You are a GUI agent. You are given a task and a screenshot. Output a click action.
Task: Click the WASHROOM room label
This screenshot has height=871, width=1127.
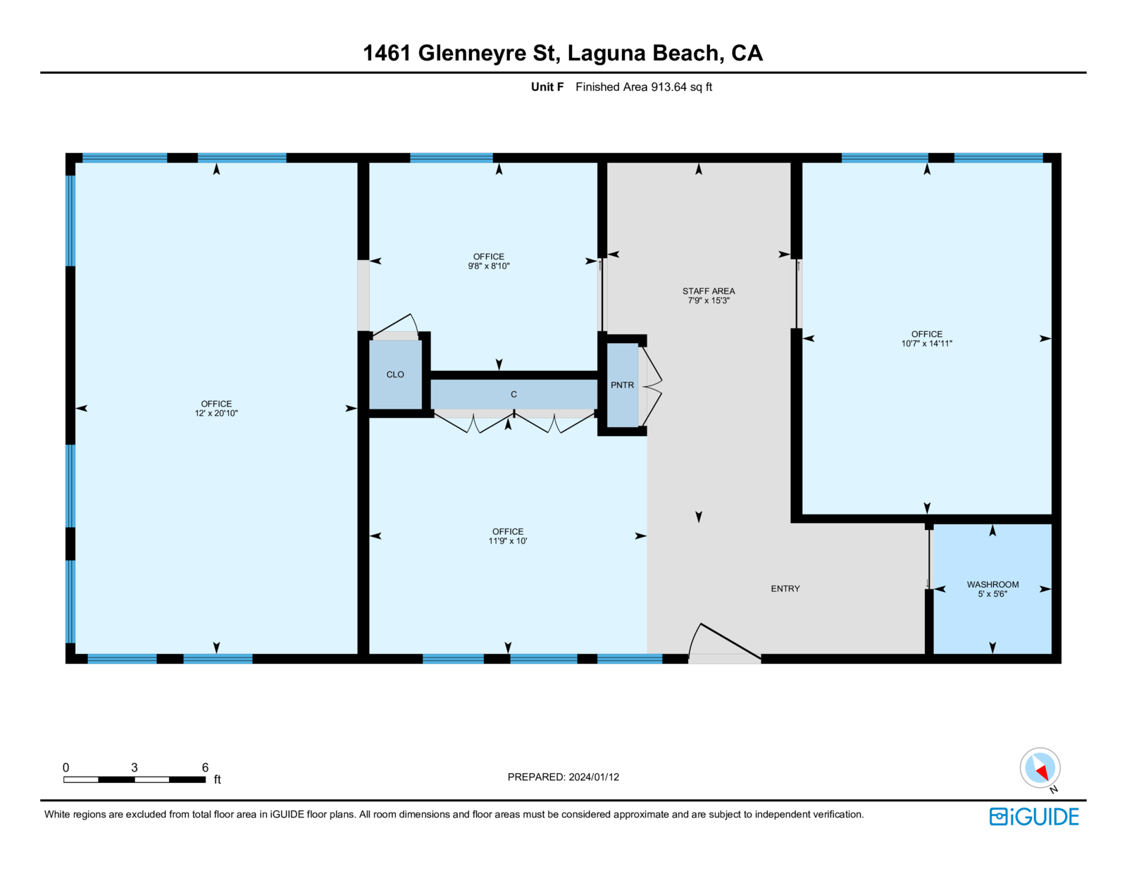tap(992, 584)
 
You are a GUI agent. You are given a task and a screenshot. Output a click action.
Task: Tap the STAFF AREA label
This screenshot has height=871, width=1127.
tap(708, 291)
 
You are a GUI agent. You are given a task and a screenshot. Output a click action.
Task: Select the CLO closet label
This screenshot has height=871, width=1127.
tap(395, 375)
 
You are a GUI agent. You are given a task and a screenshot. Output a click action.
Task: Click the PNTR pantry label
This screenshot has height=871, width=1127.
tap(622, 385)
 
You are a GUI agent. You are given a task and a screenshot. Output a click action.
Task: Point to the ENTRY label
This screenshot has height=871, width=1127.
tap(785, 588)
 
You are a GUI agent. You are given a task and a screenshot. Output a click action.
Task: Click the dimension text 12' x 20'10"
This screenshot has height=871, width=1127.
tap(216, 414)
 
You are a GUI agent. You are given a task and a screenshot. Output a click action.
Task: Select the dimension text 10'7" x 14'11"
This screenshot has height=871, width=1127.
tap(926, 344)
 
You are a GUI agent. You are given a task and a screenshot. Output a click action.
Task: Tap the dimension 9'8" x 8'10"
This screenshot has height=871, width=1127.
tap(488, 266)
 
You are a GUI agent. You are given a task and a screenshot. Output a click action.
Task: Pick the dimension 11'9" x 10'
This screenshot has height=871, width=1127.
tap(507, 541)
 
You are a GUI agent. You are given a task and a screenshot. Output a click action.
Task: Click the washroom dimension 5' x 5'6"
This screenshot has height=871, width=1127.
tap(992, 594)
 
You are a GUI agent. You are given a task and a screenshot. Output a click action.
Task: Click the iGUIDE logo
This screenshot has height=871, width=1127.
tap(1034, 817)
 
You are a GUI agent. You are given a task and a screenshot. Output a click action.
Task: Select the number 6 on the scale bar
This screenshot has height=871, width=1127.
tap(205, 767)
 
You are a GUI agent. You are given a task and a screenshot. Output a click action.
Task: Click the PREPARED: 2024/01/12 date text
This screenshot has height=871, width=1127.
tap(563, 777)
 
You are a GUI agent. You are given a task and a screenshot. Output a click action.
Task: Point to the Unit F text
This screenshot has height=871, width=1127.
tap(547, 87)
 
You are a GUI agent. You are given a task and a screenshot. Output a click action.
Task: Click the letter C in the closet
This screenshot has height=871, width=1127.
tap(513, 395)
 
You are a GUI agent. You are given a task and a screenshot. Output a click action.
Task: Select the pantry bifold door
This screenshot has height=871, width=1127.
tap(651, 385)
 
